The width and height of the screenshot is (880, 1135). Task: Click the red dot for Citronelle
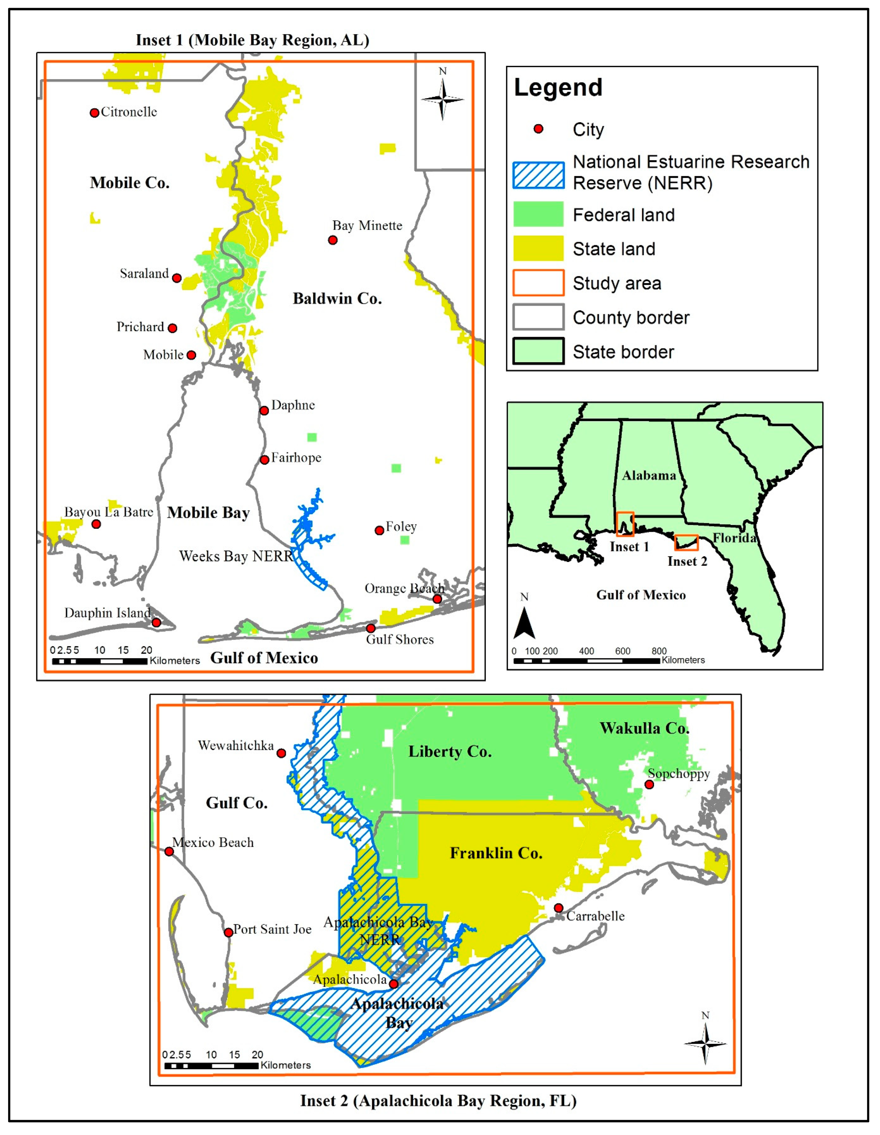point(94,113)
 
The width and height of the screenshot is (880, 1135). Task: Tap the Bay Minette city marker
point(333,240)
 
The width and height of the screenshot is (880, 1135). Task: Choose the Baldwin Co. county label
point(337,299)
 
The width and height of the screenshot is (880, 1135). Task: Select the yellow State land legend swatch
point(538,249)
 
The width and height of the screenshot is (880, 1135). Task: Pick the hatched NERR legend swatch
point(538,175)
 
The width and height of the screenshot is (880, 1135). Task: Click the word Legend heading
point(558,87)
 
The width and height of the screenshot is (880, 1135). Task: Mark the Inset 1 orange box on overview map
point(625,524)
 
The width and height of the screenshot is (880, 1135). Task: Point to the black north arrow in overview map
point(524,624)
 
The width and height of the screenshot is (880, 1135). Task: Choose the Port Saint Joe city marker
point(228,932)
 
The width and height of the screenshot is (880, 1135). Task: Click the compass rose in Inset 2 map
point(705,1043)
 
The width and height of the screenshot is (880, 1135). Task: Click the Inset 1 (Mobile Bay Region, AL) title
point(252,40)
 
